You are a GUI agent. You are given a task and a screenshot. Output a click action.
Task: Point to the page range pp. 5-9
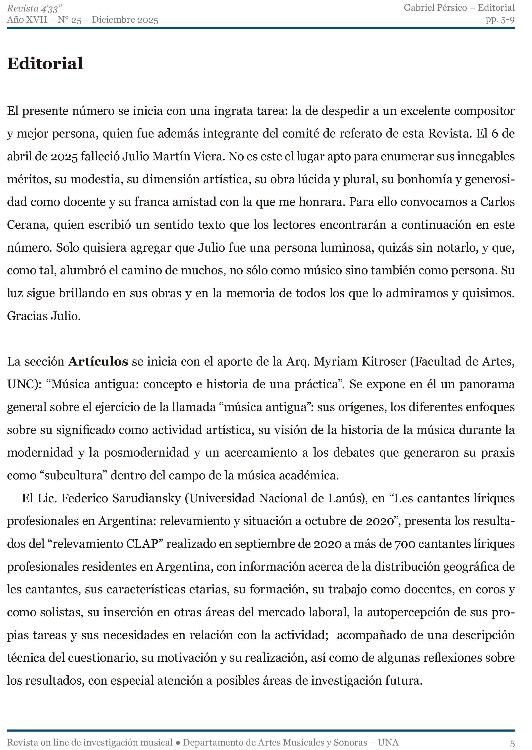point(500,20)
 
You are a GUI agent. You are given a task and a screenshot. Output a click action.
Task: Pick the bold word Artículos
point(98,361)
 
